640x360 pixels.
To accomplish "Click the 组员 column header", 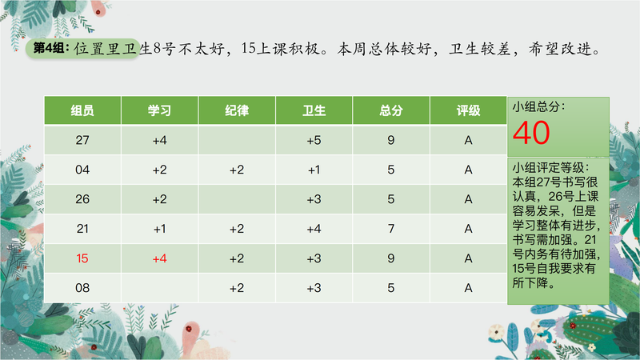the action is [82, 110].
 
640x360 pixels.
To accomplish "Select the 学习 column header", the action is [159, 110].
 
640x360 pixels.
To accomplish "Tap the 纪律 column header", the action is [237, 110].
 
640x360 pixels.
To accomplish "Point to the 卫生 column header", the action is [314, 110].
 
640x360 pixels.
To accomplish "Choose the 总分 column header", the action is [391, 110].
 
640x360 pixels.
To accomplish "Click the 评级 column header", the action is [468, 110].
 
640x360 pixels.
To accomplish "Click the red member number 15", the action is [82, 258].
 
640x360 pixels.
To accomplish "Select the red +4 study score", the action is [159, 258].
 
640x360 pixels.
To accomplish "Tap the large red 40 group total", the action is [531, 133].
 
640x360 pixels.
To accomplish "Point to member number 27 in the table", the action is [82, 140].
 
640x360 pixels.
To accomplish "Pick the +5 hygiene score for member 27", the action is [314, 140].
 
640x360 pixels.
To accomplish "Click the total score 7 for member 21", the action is [391, 229].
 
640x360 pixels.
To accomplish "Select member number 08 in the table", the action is [82, 288].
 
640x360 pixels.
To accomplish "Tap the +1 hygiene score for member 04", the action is [314, 170].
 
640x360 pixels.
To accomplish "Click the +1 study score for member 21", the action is [159, 229].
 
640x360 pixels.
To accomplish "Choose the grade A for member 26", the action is [468, 199].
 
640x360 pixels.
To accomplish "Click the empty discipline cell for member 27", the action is [237, 140].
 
